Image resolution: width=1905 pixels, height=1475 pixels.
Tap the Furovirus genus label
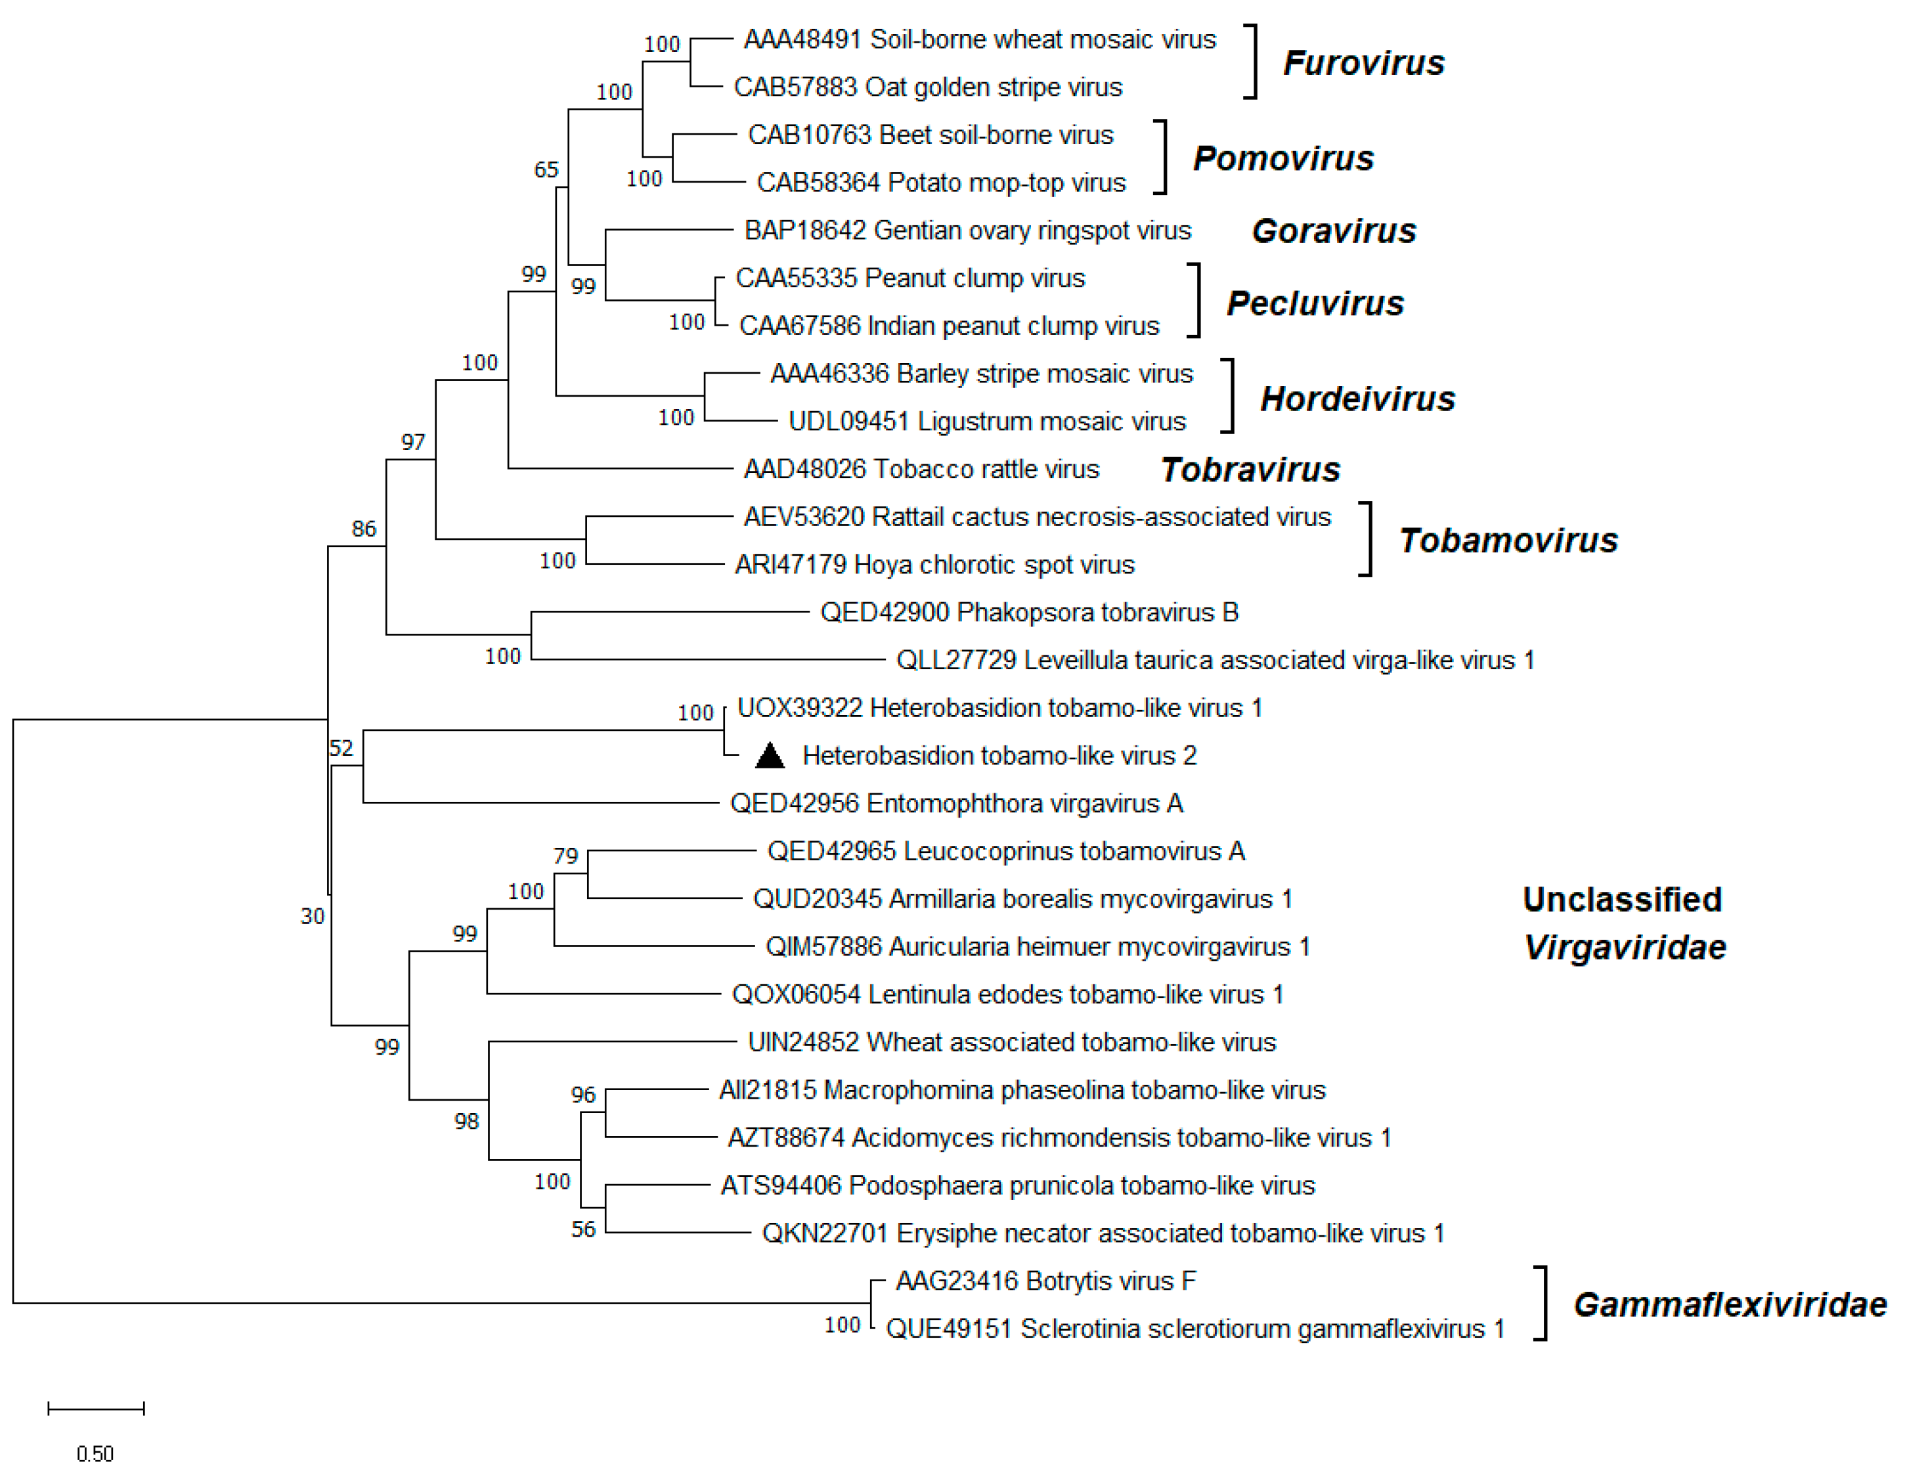pyautogui.click(x=1363, y=63)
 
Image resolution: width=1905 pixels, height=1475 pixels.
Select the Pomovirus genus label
pyautogui.click(x=1283, y=158)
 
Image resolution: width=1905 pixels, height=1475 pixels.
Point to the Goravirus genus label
pyautogui.click(x=1334, y=231)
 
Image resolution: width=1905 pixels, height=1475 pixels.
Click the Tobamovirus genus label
pyautogui.click(x=1508, y=540)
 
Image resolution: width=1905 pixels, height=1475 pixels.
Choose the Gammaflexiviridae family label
pyautogui.click(x=1730, y=1305)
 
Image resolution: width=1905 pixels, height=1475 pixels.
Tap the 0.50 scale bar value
pyautogui.click(x=95, y=1454)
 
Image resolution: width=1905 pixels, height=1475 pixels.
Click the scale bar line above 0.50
pyautogui.click(x=96, y=1408)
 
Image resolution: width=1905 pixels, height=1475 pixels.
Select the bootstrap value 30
pyautogui.click(x=313, y=916)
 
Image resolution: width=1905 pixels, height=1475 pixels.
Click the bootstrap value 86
pyautogui.click(x=364, y=529)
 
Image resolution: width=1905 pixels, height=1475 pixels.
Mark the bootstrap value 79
pyautogui.click(x=565, y=856)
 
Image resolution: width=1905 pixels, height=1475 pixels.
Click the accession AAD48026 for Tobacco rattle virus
pyautogui.click(x=804, y=470)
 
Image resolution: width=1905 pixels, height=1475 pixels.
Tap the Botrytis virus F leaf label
pyautogui.click(x=1046, y=1281)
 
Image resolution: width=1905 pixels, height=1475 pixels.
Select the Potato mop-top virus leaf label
pyautogui.click(x=941, y=183)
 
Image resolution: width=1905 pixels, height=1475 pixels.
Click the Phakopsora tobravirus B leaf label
pyautogui.click(x=1029, y=612)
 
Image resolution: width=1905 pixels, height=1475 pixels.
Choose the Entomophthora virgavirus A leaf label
pyautogui.click(x=956, y=803)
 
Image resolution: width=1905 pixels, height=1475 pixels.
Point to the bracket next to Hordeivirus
pyautogui.click(x=1229, y=396)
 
